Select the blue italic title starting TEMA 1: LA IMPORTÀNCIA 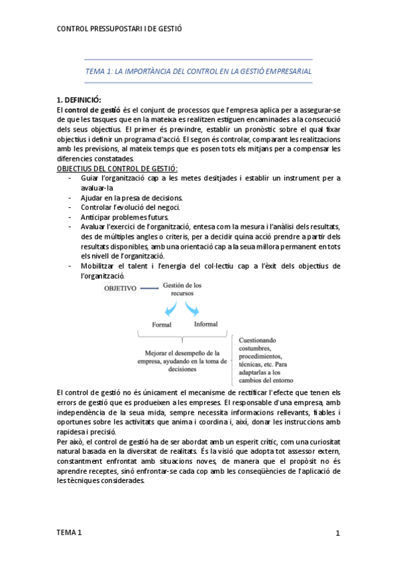(199, 70)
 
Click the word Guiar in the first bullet (91, 178)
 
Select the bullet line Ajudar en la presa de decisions (132, 198)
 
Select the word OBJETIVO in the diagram (120, 288)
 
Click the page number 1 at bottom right (337, 533)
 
